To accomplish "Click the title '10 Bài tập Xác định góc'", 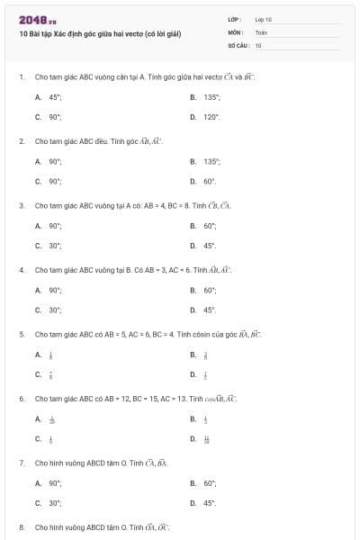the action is tap(100, 33).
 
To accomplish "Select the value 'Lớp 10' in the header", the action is tap(264, 18).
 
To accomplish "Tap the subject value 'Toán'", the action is tap(261, 31).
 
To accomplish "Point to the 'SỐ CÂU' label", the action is tap(238, 44).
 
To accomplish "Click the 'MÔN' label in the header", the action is tap(236, 31).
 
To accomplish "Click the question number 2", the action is tap(22, 141).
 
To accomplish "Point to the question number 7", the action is tap(22, 463).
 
